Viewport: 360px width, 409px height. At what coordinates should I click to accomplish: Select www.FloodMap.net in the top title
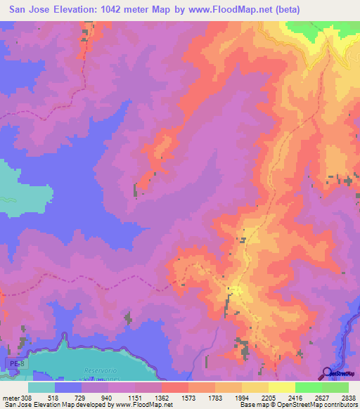tap(243, 10)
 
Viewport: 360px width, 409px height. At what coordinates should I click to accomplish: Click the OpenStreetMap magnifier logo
tap(328, 374)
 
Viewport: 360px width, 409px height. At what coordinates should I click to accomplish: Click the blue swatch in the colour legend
tap(67, 387)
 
